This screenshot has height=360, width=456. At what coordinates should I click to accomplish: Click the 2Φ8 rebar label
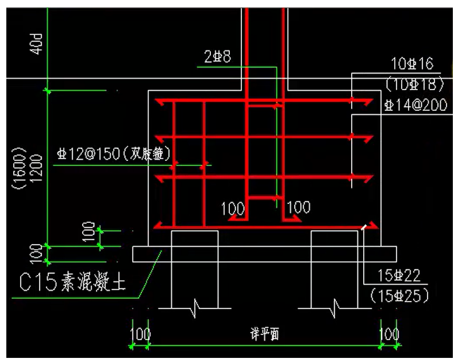pyautogui.click(x=217, y=57)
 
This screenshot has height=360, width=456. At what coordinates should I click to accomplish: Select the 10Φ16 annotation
pyautogui.click(x=412, y=64)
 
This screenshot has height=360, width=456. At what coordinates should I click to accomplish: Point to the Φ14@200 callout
pyautogui.click(x=415, y=105)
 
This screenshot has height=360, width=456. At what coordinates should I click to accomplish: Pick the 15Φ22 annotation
pyautogui.click(x=399, y=275)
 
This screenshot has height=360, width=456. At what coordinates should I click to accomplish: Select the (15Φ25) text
pyautogui.click(x=399, y=294)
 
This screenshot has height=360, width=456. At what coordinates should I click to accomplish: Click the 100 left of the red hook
pyautogui.click(x=232, y=208)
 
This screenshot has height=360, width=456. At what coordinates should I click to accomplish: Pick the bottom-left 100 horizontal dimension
pyautogui.click(x=140, y=334)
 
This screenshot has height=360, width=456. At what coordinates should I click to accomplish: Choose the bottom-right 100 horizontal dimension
pyautogui.click(x=389, y=334)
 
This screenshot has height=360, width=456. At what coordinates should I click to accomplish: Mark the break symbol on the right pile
pyautogui.click(x=334, y=307)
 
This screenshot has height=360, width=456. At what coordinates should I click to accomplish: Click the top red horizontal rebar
pyautogui.click(x=264, y=101)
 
